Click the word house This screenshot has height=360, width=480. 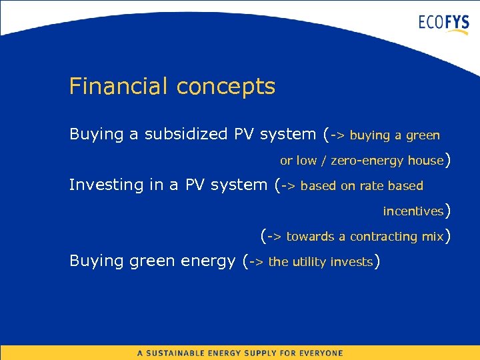click(425, 161)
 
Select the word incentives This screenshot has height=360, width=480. click(413, 211)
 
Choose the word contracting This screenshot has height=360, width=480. click(383, 237)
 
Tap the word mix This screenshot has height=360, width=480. click(433, 237)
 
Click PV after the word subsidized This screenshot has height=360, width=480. click(243, 134)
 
